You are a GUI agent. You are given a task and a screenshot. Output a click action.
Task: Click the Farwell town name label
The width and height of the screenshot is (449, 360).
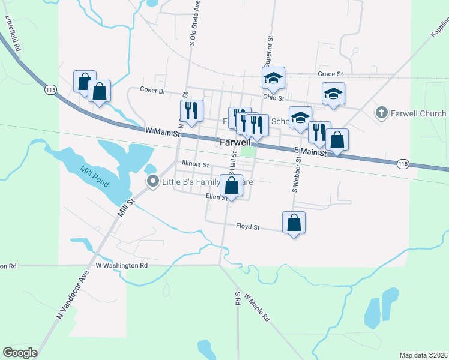(x=234, y=144)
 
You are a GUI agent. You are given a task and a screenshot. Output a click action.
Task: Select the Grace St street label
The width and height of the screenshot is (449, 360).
(x=330, y=74)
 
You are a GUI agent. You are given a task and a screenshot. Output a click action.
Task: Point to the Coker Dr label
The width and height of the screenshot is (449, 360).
(x=152, y=90)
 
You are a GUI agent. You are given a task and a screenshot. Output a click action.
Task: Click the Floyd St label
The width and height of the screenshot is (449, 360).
(x=247, y=227)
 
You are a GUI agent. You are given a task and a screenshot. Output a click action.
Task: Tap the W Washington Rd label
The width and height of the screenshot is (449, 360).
(x=121, y=265)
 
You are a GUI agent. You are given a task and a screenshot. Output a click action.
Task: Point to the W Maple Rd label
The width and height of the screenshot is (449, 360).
(x=257, y=307)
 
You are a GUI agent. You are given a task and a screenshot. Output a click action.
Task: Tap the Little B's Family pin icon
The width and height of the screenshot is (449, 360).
(x=153, y=181)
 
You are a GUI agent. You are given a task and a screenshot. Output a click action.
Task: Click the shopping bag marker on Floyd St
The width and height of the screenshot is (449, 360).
(x=294, y=223)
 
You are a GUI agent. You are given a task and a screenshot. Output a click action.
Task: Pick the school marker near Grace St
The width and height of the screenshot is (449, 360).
(x=273, y=77)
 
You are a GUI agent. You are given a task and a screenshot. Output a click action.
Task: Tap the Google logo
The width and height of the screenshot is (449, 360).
(x=20, y=353)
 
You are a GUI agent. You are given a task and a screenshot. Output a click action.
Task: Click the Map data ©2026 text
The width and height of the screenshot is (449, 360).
(x=423, y=355)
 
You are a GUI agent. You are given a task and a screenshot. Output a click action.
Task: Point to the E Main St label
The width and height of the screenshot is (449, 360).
(x=309, y=152)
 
